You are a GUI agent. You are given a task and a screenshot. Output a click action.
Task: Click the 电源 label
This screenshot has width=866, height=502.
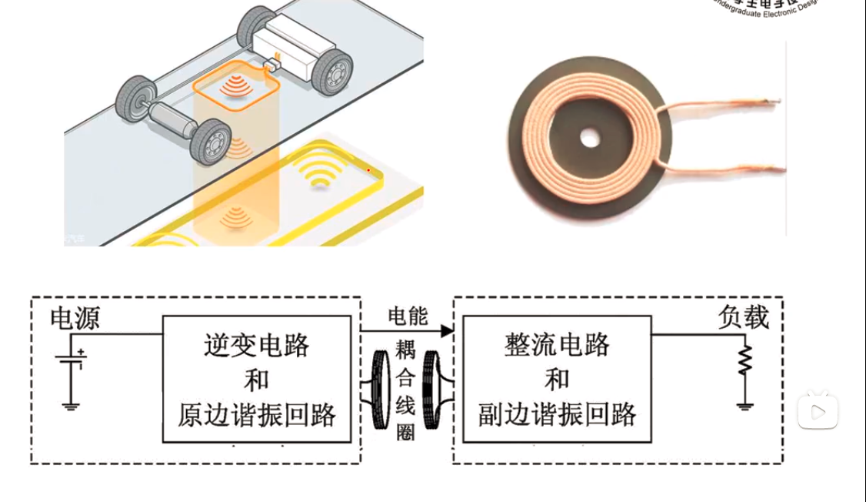75,318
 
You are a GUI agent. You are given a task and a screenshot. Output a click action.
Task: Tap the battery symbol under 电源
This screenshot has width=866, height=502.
72,361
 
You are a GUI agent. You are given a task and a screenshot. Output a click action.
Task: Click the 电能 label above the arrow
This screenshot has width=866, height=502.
408,316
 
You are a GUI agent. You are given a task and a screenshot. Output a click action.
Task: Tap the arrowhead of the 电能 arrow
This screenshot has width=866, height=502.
446,331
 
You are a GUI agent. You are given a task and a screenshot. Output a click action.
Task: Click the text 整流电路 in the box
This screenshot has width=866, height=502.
557,345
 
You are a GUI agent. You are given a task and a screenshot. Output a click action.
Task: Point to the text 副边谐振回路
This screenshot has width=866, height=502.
557,415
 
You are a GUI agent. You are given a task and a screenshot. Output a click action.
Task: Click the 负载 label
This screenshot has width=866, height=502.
744,317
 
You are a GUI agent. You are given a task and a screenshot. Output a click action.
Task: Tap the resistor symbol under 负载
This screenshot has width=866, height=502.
744,360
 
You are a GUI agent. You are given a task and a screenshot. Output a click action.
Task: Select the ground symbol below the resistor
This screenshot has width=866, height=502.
744,405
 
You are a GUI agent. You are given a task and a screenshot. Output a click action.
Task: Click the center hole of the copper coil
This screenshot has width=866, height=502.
590,139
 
